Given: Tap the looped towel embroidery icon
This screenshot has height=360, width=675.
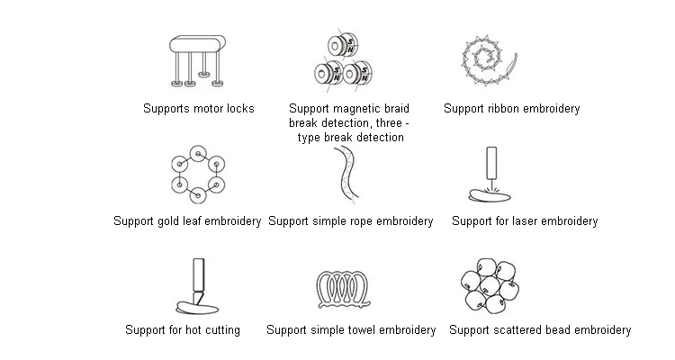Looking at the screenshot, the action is pyautogui.click(x=349, y=287).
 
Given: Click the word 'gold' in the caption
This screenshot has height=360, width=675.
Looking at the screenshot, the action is pyautogui.click(x=172, y=220).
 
